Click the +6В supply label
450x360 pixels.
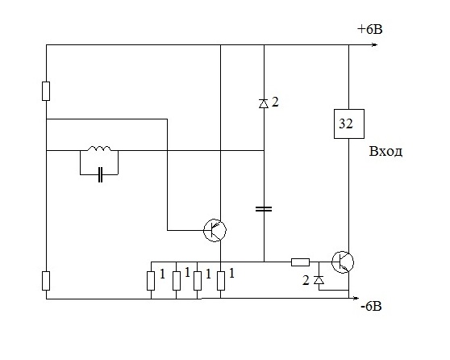pyautogui.click(x=369, y=29)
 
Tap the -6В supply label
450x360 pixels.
pyautogui.click(x=371, y=307)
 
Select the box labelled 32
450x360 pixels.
pyautogui.click(x=349, y=123)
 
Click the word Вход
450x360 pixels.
pyautogui.click(x=385, y=151)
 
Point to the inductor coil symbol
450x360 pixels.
pyautogui.click(x=99, y=149)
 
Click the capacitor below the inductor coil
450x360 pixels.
pyautogui.click(x=100, y=174)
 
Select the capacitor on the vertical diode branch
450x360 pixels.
pyautogui.click(x=264, y=209)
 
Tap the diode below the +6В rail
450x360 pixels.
pyautogui.click(x=264, y=103)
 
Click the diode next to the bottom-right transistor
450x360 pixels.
pyautogui.click(x=319, y=279)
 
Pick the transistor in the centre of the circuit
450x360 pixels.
pyautogui.click(x=215, y=230)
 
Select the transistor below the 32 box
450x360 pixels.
pyautogui.click(x=343, y=262)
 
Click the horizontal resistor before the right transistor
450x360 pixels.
pyautogui.click(x=300, y=262)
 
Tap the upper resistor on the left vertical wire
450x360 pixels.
pyautogui.click(x=46, y=91)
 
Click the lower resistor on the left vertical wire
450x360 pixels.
pyautogui.click(x=46, y=281)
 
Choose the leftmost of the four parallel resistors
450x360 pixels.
pyautogui.click(x=151, y=281)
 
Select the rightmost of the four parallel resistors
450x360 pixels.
pyautogui.click(x=221, y=281)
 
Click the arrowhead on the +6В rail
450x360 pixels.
pyautogui.click(x=374, y=45)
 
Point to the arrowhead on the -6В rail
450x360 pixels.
pyautogui.click(x=356, y=298)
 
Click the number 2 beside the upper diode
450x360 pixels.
pyautogui.click(x=275, y=102)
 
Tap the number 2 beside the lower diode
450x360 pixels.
pyautogui.click(x=306, y=280)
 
